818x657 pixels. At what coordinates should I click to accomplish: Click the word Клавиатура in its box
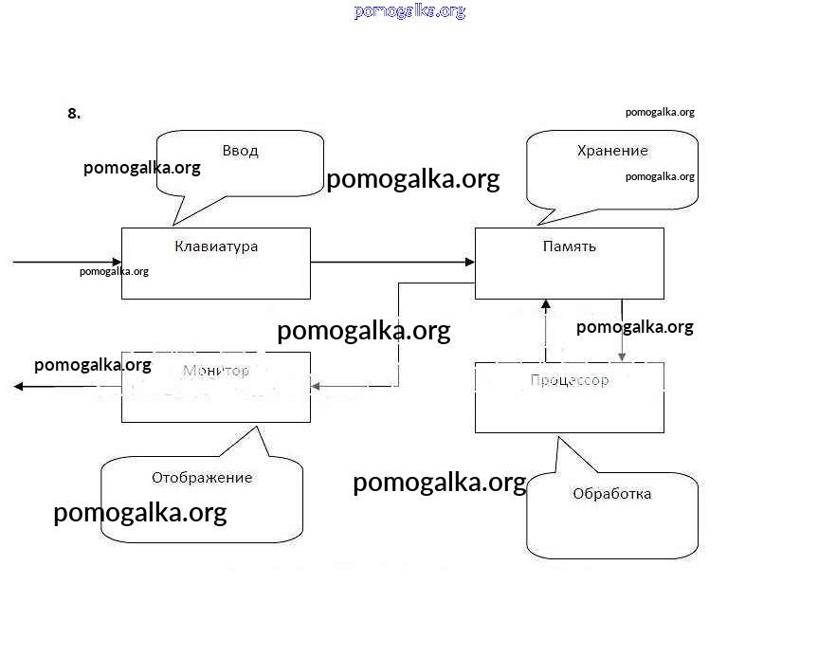click(x=216, y=246)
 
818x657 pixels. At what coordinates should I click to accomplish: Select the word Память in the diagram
click(x=569, y=246)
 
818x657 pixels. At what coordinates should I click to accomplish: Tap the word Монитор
click(x=216, y=371)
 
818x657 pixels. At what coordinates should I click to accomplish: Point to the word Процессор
click(x=569, y=381)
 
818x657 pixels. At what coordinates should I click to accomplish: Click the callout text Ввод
click(x=240, y=151)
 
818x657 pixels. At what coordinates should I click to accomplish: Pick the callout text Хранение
click(x=612, y=151)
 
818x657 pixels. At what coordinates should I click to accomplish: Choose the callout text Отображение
click(x=202, y=478)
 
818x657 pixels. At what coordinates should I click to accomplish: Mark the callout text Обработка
click(x=612, y=494)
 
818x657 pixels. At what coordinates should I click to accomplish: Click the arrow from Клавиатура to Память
click(x=392, y=262)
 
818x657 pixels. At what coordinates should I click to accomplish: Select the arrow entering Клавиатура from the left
click(x=66, y=262)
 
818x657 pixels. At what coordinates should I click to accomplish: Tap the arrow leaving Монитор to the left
click(x=66, y=386)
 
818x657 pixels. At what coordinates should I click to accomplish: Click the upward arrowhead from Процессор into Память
click(x=545, y=305)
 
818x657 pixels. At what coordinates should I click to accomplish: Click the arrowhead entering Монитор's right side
click(x=317, y=386)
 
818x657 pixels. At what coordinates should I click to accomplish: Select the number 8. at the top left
click(x=74, y=114)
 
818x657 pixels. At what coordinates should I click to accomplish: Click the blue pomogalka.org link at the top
click(x=409, y=11)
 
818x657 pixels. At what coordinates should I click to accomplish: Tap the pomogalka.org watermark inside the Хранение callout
click(x=660, y=176)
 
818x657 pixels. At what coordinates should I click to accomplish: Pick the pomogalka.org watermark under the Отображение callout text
click(x=140, y=513)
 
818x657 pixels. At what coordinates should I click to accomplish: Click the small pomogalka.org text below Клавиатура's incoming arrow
click(x=114, y=271)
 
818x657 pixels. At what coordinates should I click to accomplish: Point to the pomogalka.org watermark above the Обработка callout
click(x=439, y=483)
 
